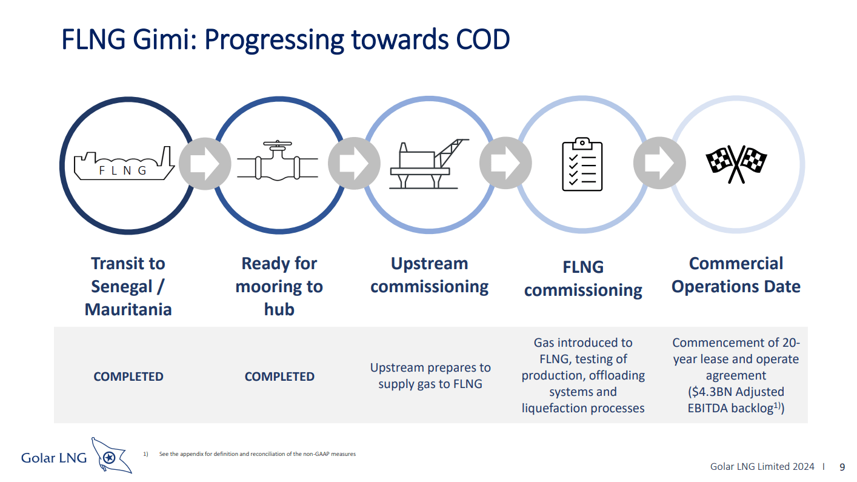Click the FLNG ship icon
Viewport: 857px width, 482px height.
pos(124,164)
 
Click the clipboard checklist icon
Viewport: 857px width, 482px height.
pos(582,164)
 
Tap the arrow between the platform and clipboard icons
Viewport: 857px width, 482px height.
pos(505,164)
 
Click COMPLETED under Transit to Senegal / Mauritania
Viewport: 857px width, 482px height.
pos(128,377)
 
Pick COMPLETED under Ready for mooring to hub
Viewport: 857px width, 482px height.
pos(279,377)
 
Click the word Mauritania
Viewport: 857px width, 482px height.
pos(128,309)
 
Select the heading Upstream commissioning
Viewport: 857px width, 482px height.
pos(429,275)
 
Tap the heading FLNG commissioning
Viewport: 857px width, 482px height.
pos(582,278)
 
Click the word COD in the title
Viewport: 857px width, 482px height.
pos(482,40)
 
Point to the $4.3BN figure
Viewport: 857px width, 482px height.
pos(708,392)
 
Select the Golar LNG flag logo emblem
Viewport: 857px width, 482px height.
pos(111,456)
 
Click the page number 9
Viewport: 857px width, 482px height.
pos(842,467)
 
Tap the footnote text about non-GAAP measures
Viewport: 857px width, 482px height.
pos(257,454)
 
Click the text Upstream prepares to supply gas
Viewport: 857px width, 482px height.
pos(430,375)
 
